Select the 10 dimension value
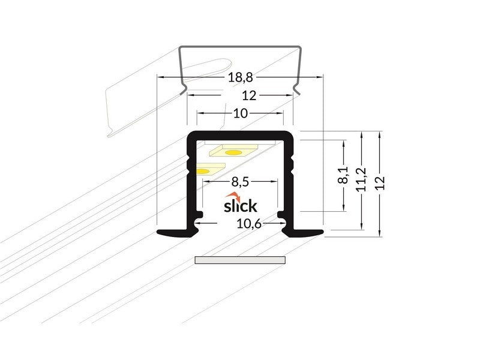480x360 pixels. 240,113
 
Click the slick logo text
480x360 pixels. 240,206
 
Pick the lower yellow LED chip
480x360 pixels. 204,171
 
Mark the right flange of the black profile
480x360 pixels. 306,232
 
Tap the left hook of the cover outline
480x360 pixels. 184,91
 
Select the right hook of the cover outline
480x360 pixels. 296,91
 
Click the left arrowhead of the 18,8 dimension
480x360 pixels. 160,77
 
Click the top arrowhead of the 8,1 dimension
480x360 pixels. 343,143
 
